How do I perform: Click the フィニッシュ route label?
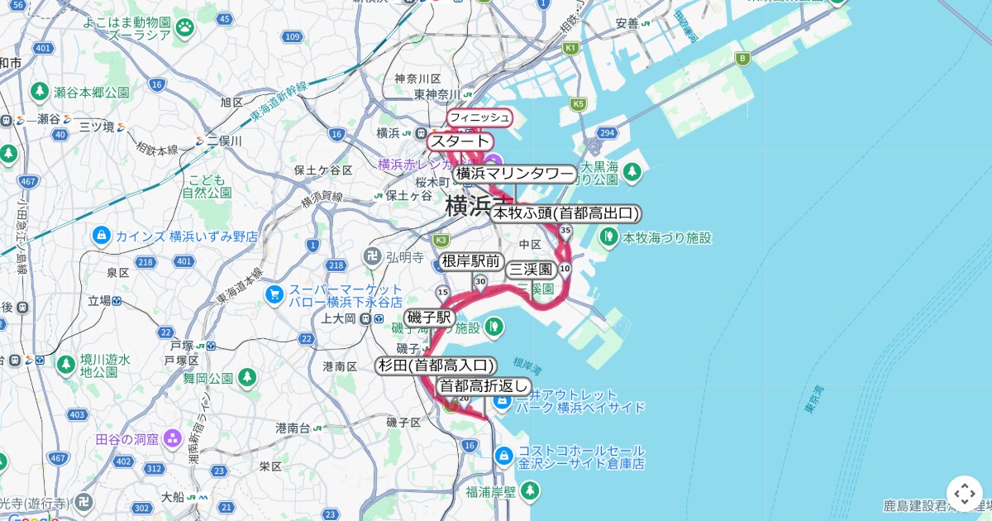click(x=479, y=118)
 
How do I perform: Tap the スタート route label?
click(x=460, y=141)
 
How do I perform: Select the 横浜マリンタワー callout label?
click(x=514, y=174)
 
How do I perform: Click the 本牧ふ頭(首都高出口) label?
click(x=565, y=213)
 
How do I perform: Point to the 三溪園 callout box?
click(x=531, y=270)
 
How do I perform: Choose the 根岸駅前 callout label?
click(x=471, y=261)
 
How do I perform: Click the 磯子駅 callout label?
click(x=430, y=318)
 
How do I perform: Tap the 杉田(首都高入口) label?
click(x=436, y=366)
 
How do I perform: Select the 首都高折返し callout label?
click(x=483, y=386)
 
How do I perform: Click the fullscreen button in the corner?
click(x=964, y=493)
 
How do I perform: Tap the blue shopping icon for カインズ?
click(x=102, y=236)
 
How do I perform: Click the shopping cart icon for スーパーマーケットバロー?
click(x=274, y=294)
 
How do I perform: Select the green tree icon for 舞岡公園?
click(x=246, y=378)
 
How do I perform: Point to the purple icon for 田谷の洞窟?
click(x=173, y=438)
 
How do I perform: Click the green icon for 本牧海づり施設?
click(x=609, y=237)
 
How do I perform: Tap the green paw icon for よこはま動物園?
click(x=184, y=29)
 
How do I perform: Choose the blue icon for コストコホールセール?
click(x=503, y=456)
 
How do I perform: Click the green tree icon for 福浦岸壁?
click(x=530, y=491)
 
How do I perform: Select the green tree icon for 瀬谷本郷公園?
click(x=39, y=91)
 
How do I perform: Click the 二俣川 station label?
click(x=223, y=141)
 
